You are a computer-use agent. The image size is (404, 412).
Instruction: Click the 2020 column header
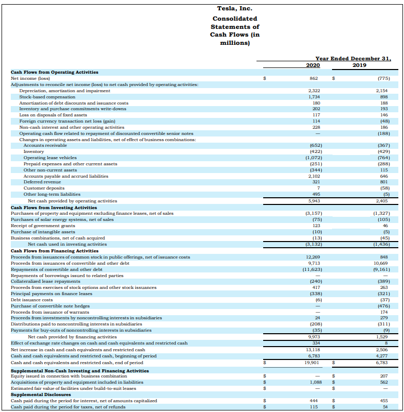(x=313, y=65)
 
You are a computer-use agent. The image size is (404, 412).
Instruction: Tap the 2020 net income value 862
(x=314, y=78)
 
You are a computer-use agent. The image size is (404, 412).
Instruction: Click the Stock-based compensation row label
(x=41, y=97)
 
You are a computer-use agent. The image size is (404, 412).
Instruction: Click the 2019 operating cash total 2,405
(x=382, y=201)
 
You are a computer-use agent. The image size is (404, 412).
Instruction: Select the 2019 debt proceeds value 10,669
(x=381, y=263)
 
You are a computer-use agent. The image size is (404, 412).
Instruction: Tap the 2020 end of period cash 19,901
(x=312, y=362)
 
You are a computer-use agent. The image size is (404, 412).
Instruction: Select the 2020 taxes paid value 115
(x=314, y=407)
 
